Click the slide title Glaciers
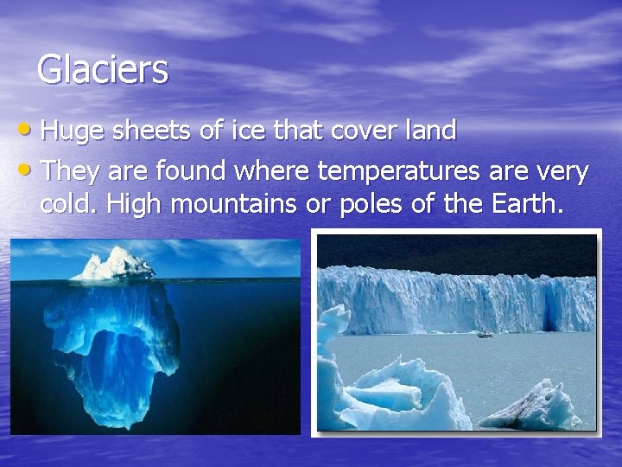coord(103,69)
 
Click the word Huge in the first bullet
coord(70,132)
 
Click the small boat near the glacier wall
coord(485,333)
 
